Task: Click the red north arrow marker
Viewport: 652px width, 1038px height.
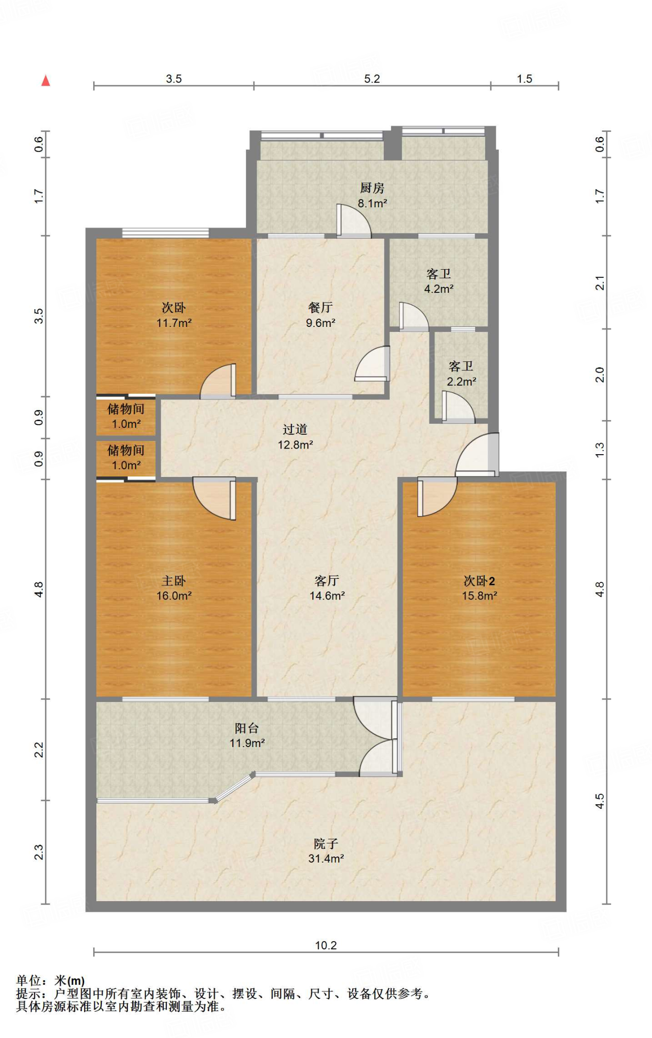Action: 46,81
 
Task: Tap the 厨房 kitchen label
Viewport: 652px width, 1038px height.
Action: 372,188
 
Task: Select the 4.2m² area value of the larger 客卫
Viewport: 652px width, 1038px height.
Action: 439,289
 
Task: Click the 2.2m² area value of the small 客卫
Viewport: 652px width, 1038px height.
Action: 461,382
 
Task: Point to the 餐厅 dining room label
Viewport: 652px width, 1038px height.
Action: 320,308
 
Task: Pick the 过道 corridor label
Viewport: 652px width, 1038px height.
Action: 295,430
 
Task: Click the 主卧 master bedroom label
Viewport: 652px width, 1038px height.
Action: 174,581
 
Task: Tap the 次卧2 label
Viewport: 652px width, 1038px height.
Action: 479,581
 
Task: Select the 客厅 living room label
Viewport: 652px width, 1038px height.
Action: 327,581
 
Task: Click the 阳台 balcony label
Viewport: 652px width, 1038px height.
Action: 247,728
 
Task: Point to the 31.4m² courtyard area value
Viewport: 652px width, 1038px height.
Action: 326,859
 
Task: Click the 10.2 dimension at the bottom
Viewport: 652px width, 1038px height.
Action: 326,945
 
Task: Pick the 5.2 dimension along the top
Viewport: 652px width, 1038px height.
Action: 372,79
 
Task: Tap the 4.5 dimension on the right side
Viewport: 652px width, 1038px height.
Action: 600,801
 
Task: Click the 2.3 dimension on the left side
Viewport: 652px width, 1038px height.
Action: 39,852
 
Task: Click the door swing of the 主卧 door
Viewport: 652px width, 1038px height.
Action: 214,499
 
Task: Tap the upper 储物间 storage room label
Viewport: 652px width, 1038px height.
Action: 126,409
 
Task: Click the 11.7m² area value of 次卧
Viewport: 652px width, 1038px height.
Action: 174,323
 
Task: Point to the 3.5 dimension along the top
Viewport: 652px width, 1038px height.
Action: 174,79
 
